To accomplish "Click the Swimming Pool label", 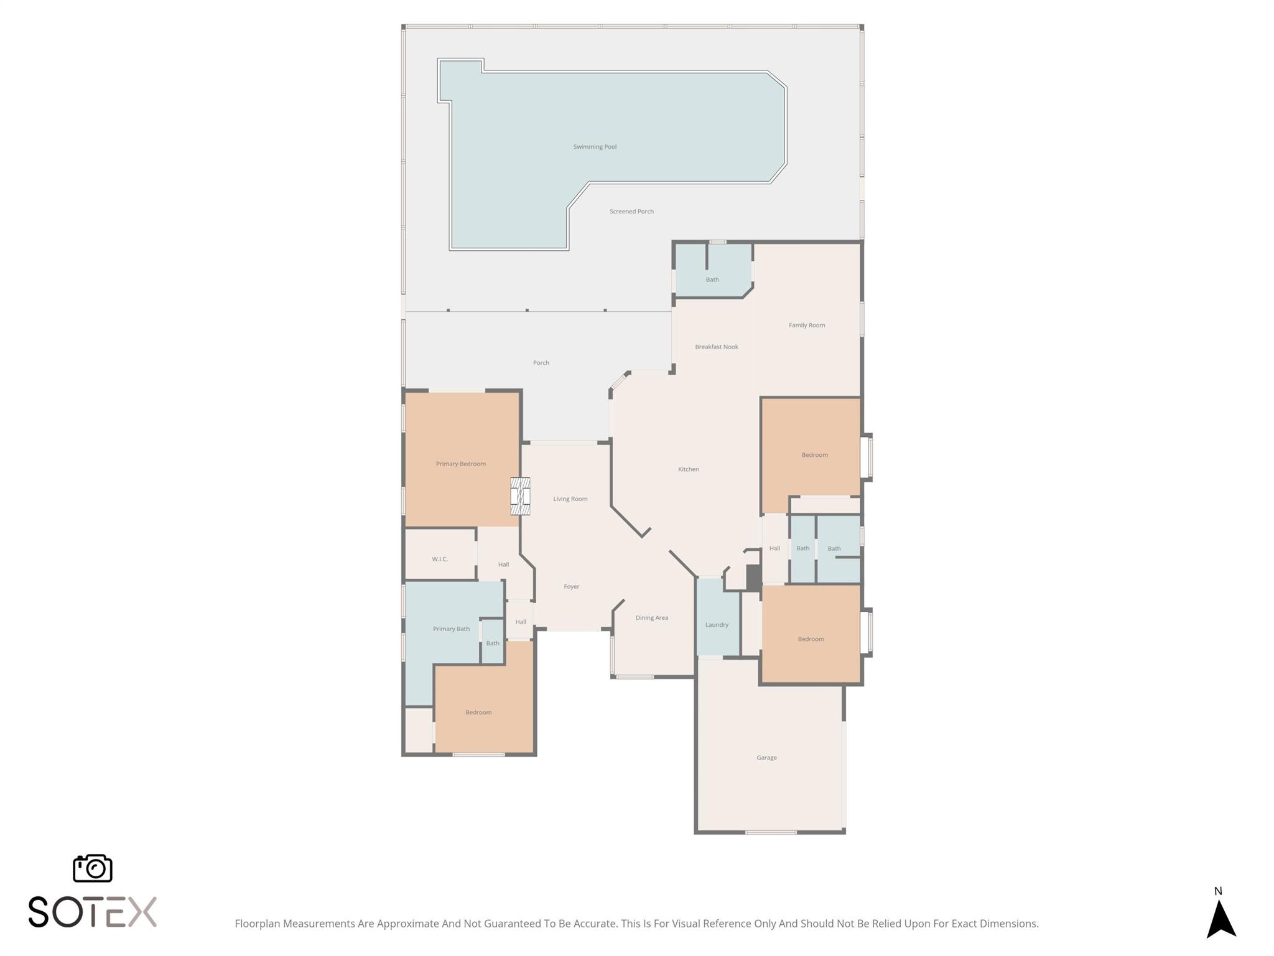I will pyautogui.click(x=595, y=147).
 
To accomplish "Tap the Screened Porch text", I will pyautogui.click(x=631, y=212).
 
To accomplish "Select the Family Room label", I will pyautogui.click(x=807, y=325).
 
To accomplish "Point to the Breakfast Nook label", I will pyautogui.click(x=717, y=347).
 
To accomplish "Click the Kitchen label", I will pyautogui.click(x=689, y=469).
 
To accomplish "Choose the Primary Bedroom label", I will pyautogui.click(x=460, y=464).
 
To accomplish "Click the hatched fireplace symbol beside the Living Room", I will pyautogui.click(x=520, y=496).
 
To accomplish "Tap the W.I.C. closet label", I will pyautogui.click(x=440, y=559).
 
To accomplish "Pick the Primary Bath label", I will pyautogui.click(x=451, y=629).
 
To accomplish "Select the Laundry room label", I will pyautogui.click(x=717, y=625).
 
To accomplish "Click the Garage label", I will pyautogui.click(x=766, y=757).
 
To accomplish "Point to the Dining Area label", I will pyautogui.click(x=652, y=618).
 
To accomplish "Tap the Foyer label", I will pyautogui.click(x=572, y=586).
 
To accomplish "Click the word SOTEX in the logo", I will pyautogui.click(x=93, y=912).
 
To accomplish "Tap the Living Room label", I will pyautogui.click(x=570, y=499).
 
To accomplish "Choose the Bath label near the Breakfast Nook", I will pyautogui.click(x=712, y=279).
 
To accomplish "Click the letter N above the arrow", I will pyautogui.click(x=1218, y=891).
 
